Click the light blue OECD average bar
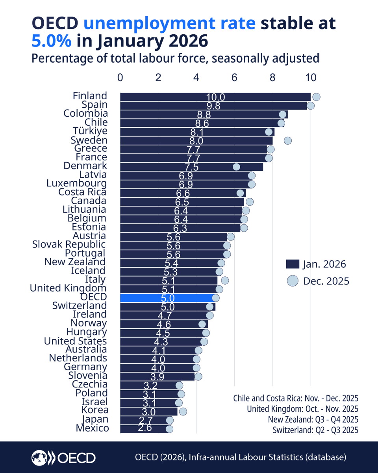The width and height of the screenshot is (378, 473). (x=167, y=298)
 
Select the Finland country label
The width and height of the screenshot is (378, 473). (x=90, y=96)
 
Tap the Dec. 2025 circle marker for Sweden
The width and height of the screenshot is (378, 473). (x=287, y=140)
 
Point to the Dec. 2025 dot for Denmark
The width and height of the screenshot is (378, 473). (x=236, y=167)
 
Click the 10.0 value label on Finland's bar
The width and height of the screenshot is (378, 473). (x=215, y=97)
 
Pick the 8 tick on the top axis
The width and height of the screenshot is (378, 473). (x=272, y=78)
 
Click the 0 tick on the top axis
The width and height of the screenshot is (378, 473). (x=120, y=78)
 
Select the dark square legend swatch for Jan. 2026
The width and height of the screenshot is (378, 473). (x=292, y=264)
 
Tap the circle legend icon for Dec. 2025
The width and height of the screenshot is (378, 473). (x=292, y=281)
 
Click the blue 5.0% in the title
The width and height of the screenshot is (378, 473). (x=52, y=41)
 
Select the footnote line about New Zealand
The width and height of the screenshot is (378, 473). (x=313, y=419)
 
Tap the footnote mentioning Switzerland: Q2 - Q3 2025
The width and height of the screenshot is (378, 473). (x=315, y=430)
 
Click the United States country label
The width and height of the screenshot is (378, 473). (x=75, y=341)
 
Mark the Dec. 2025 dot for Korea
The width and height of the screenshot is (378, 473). (x=183, y=412)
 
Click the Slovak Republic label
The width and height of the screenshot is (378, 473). (x=69, y=244)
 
